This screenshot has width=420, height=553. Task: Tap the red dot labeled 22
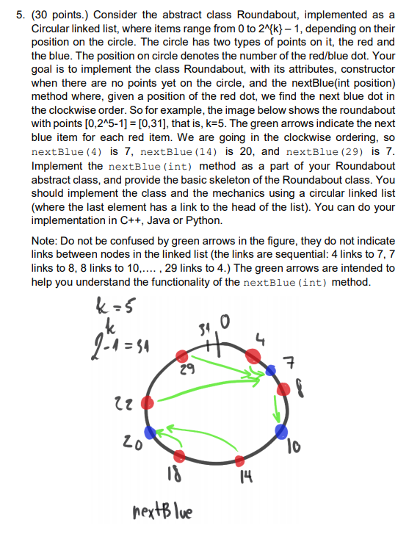[147, 402]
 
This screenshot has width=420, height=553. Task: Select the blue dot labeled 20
[151, 432]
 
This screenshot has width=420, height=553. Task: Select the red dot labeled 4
[252, 356]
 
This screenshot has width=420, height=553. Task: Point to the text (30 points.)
[60, 14]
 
